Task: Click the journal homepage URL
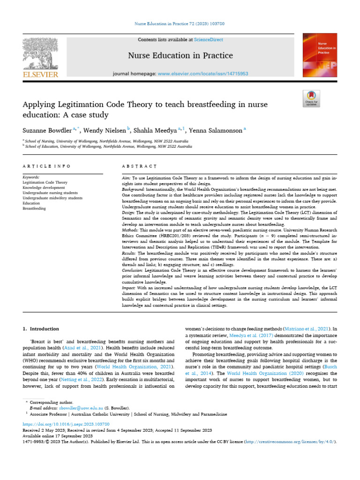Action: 203,74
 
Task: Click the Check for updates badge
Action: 311,99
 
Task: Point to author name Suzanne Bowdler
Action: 45,130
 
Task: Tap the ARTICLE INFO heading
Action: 46,166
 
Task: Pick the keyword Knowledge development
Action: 45,187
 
